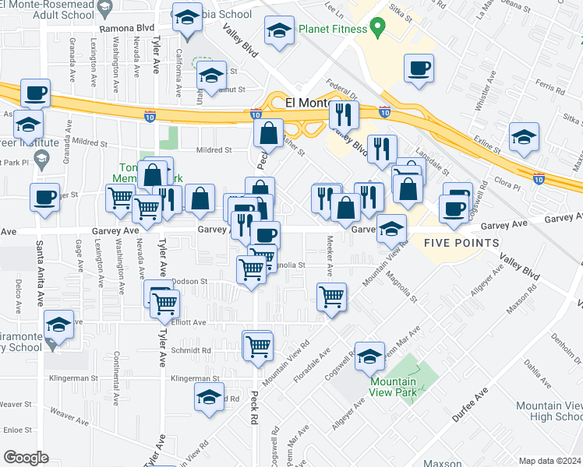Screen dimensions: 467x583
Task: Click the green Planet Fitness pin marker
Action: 378,28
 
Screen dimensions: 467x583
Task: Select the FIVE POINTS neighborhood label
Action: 461,243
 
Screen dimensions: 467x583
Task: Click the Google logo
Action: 26,458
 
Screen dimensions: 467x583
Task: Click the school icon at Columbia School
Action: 186,19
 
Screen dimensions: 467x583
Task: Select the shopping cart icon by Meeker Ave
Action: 332,296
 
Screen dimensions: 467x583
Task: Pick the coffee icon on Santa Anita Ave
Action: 45,197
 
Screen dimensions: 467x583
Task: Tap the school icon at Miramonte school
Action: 58,324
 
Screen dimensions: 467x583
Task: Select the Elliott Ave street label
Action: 189,322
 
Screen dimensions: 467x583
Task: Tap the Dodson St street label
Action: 189,281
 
